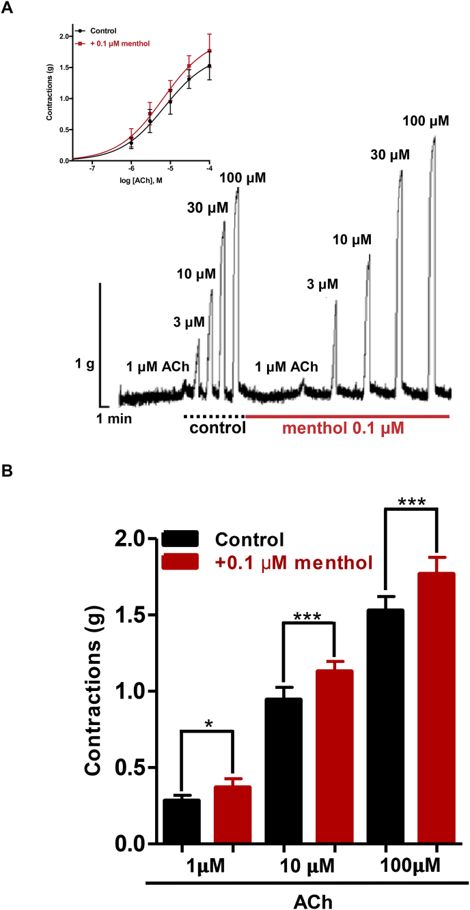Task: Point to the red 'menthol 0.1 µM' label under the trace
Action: [344, 430]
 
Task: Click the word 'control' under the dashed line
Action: [217, 429]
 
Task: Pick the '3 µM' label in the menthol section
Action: [322, 284]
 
